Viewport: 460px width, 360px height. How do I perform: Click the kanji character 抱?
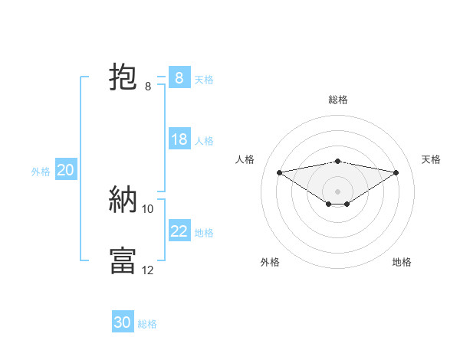coord(123,77)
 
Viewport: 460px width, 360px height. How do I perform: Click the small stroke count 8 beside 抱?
coord(148,87)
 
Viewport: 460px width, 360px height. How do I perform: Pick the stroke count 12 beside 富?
coord(148,270)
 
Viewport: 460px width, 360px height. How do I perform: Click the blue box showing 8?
coord(179,77)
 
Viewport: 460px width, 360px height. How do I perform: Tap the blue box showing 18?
coord(179,139)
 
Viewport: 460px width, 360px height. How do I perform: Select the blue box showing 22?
coord(179,231)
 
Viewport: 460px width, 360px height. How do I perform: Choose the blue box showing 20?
coord(66,170)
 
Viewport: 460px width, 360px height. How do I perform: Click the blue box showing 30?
coord(123,322)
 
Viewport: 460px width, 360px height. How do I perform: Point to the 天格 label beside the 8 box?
coord(204,79)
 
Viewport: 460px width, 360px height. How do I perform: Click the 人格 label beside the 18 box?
coord(204,141)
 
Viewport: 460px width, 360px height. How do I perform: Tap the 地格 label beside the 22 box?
coord(204,233)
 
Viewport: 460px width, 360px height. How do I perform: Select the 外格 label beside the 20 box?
coord(41,172)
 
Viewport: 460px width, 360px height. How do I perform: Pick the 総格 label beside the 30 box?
coord(147,324)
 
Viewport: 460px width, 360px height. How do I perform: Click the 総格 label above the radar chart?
coord(338,100)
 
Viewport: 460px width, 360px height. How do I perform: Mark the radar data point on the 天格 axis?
coord(396,172)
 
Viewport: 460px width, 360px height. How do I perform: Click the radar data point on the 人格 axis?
coord(279,172)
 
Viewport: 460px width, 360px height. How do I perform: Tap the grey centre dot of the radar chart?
coord(337,191)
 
